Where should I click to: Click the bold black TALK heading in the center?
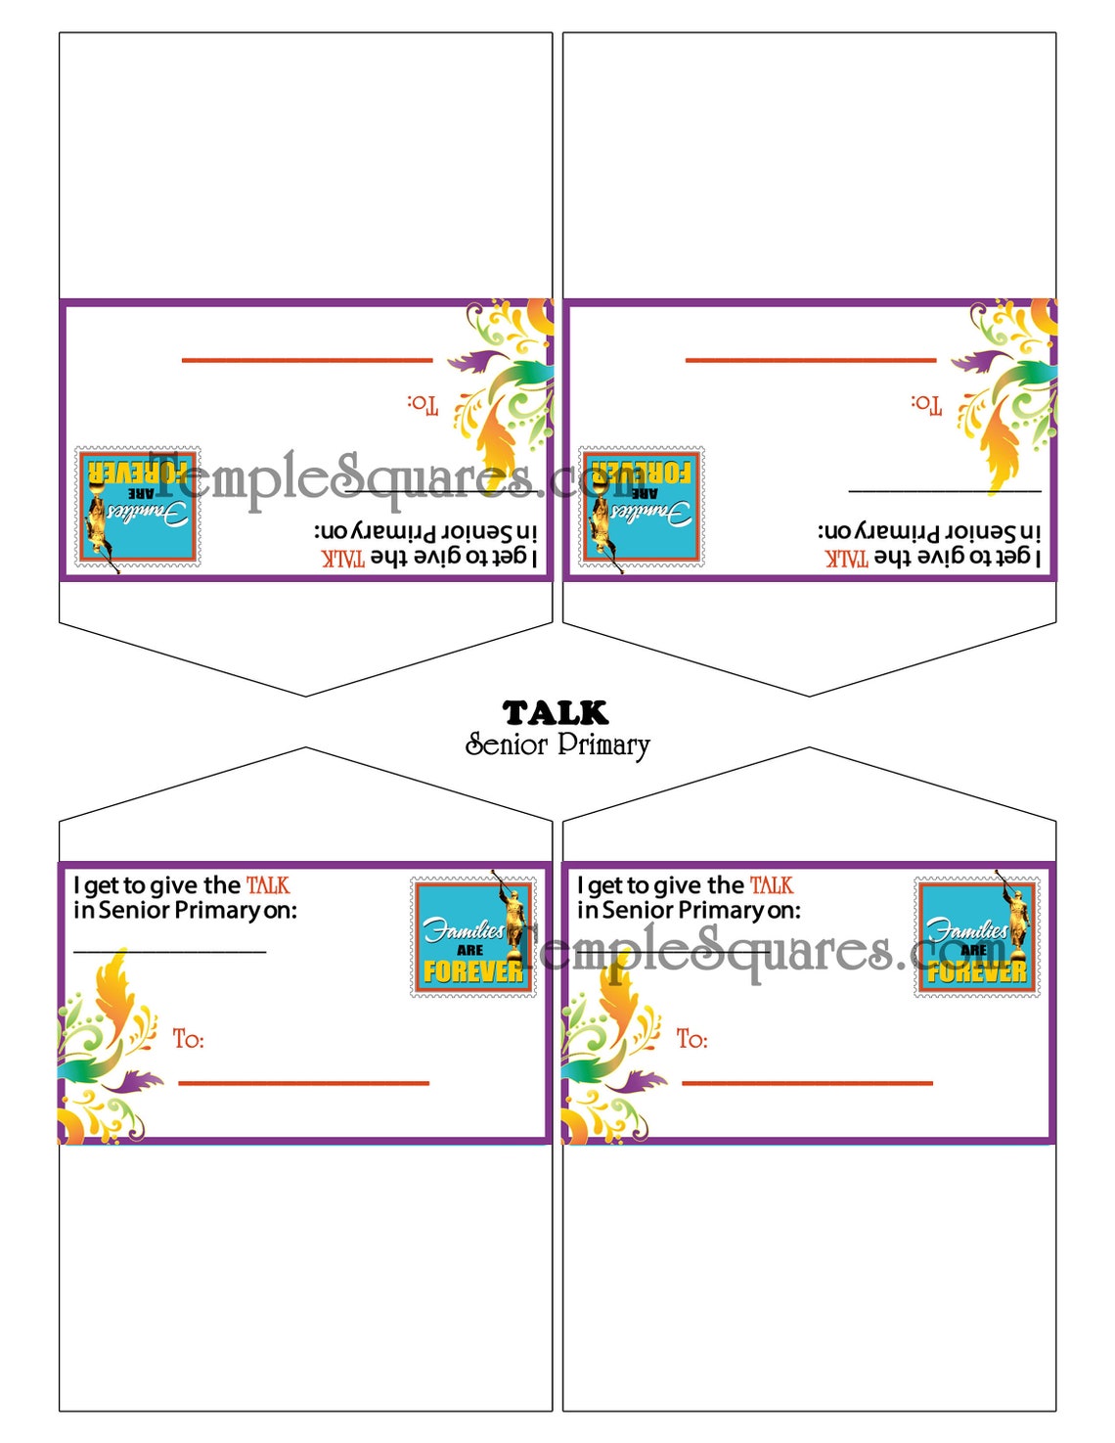(x=556, y=712)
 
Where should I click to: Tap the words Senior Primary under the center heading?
(x=557, y=744)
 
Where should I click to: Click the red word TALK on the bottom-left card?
(x=268, y=885)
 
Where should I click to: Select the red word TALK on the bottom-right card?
(x=772, y=885)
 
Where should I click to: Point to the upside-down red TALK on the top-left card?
(x=343, y=558)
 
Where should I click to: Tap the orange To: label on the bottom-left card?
(x=189, y=1039)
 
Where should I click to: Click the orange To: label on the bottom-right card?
(x=692, y=1039)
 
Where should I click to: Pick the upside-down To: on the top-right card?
(x=926, y=404)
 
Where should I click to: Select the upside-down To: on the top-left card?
(x=423, y=404)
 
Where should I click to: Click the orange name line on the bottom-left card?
(x=303, y=1083)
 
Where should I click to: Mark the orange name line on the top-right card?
(x=811, y=360)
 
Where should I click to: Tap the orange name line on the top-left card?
(x=307, y=360)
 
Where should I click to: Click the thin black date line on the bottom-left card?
(x=169, y=951)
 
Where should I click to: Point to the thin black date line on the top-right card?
(x=945, y=490)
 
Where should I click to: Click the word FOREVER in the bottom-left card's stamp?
(x=473, y=971)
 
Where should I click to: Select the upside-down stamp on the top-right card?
(x=642, y=507)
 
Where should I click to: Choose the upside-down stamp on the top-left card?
(x=138, y=507)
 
